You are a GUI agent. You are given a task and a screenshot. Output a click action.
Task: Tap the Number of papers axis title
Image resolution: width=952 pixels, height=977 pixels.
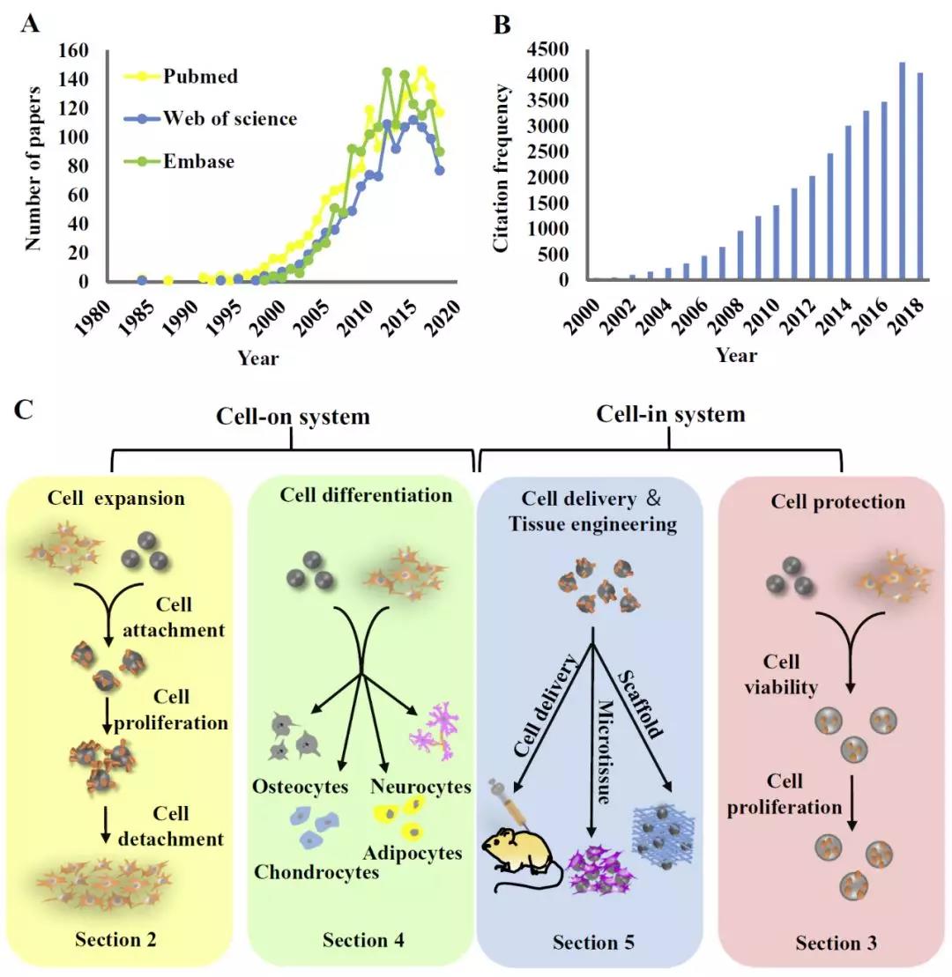click(33, 167)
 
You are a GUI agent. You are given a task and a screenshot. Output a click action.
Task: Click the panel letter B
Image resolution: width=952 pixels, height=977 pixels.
click(501, 24)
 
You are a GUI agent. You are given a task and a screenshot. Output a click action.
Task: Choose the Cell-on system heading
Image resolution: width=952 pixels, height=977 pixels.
click(294, 416)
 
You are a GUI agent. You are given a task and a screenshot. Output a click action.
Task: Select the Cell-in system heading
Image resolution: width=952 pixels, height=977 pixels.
click(671, 413)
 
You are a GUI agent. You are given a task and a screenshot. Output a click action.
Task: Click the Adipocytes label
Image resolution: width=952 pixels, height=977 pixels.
click(413, 853)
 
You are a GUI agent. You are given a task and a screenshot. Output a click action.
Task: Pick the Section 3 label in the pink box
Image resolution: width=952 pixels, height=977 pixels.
click(836, 943)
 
